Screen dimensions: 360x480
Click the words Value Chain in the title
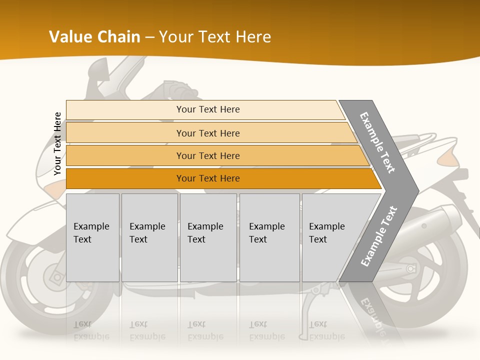tap(94, 37)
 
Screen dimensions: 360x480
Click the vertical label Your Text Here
tap(57, 143)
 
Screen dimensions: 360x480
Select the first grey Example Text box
tap(92, 237)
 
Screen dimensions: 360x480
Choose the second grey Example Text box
tap(149, 237)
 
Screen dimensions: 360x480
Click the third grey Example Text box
tap(208, 237)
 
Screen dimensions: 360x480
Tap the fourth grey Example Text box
tap(269, 237)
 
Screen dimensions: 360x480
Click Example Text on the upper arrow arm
tap(377, 143)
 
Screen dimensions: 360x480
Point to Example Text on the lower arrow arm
tap(379, 236)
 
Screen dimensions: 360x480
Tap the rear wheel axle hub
tap(411, 269)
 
